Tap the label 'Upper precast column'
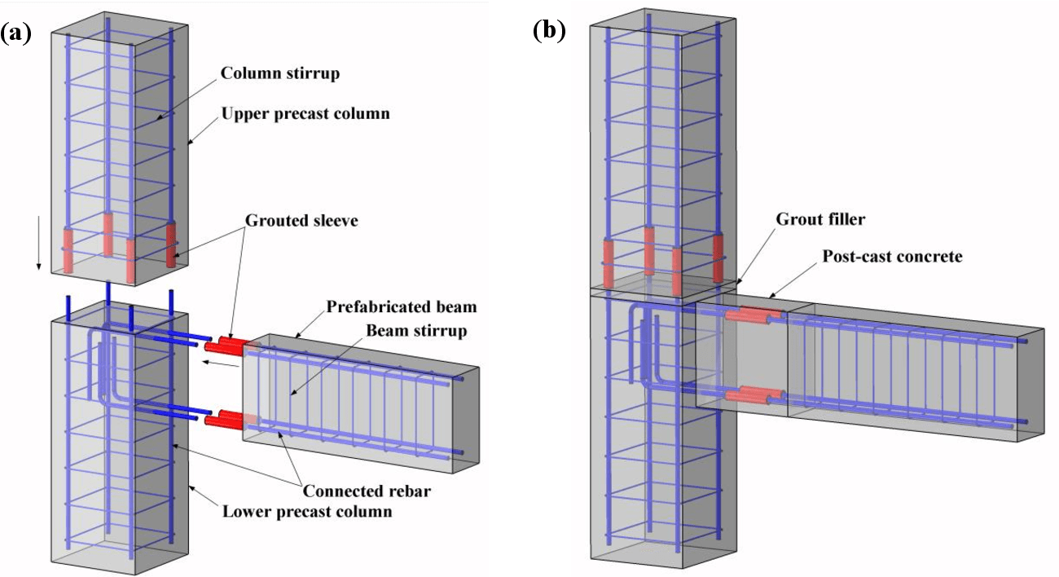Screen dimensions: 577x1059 (x=305, y=113)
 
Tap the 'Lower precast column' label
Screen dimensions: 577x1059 (x=307, y=512)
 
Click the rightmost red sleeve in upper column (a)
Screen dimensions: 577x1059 (x=172, y=244)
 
